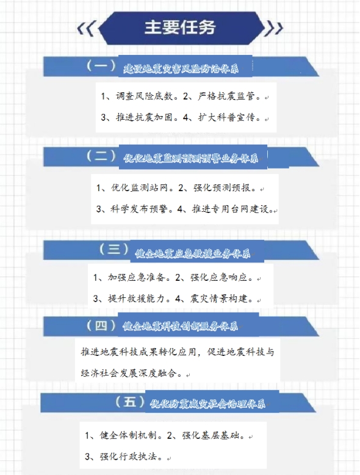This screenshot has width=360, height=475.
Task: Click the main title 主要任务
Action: point(180,27)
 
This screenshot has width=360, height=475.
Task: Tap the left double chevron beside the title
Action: point(86,29)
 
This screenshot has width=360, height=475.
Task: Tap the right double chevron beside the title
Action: point(273,29)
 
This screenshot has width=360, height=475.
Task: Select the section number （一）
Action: point(101,66)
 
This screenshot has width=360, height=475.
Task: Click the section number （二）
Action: point(101,156)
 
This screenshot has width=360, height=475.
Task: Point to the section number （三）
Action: point(114,249)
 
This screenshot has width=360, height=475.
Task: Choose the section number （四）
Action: point(101,325)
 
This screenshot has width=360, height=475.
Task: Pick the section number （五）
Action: point(130,402)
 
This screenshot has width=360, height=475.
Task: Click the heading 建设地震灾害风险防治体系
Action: point(181,69)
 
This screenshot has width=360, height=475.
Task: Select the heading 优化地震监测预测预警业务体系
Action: point(191,158)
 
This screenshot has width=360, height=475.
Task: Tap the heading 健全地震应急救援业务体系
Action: point(193,253)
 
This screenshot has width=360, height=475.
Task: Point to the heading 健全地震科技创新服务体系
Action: point(180,326)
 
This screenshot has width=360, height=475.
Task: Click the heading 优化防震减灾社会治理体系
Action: point(207,403)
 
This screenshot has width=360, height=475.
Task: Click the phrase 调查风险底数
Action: point(144,96)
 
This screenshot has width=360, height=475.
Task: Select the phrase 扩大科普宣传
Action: point(226,117)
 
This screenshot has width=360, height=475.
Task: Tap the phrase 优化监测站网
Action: point(139,187)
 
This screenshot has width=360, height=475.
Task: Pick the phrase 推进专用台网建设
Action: point(230,209)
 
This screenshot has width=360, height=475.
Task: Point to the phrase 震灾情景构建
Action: point(218,299)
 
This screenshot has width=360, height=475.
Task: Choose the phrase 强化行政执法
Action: point(128,456)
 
